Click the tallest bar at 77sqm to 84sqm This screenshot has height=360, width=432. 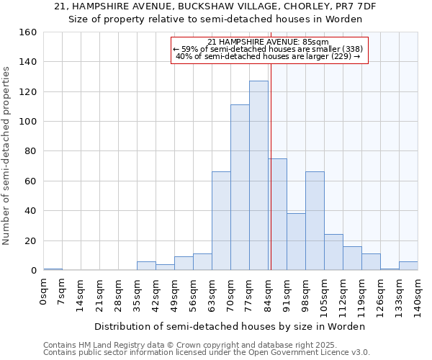(x=258, y=176)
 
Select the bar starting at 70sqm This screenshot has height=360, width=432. (x=240, y=187)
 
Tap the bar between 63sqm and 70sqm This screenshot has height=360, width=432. (x=221, y=221)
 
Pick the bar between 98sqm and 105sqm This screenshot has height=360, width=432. (x=315, y=221)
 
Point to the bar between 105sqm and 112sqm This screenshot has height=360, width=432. (x=333, y=252)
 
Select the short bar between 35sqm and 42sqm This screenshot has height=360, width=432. (x=146, y=266)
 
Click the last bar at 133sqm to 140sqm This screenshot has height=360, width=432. (x=408, y=266)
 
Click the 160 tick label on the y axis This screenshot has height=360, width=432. (x=28, y=32)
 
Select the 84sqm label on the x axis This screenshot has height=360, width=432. (x=269, y=294)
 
